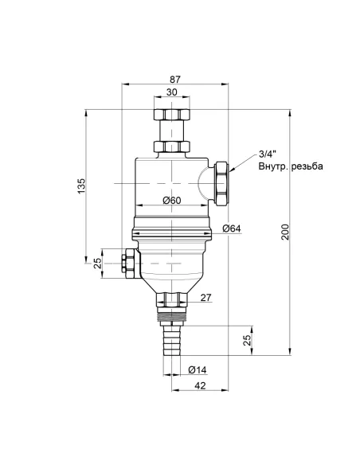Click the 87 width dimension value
pos(175,79)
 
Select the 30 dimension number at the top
pos(172,92)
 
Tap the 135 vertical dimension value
pos(81,186)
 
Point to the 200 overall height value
pos(285,232)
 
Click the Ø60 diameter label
pos(172,201)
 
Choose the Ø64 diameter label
pos(232,229)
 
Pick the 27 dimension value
pos(206,298)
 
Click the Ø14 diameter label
pos(198,369)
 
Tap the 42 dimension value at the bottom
pos(200,385)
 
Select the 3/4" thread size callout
pos(268,154)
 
